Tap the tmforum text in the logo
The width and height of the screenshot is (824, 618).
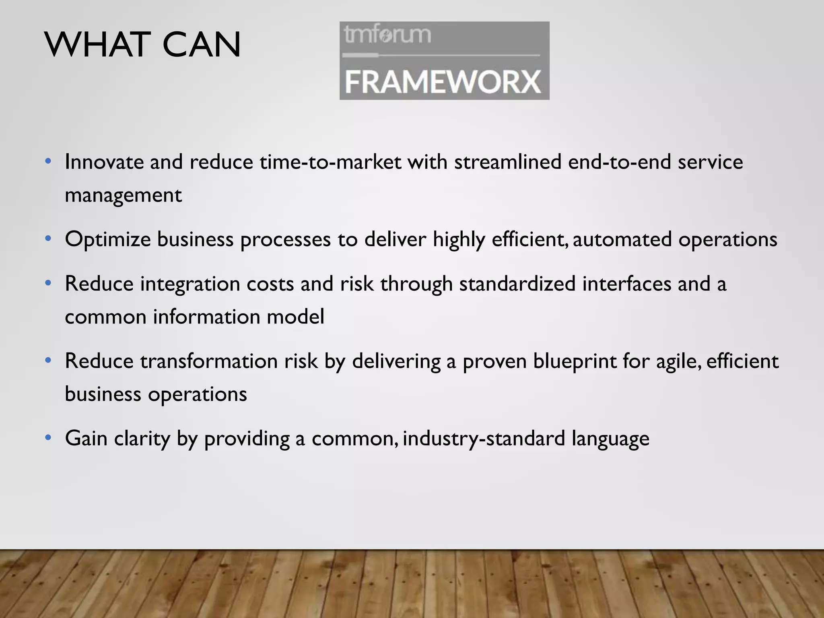pyautogui.click(x=387, y=35)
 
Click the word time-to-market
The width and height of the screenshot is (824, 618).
pyautogui.click(x=330, y=162)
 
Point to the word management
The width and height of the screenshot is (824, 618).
pyautogui.click(x=123, y=196)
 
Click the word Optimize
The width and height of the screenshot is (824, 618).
pyautogui.click(x=107, y=239)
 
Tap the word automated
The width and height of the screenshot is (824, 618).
pyautogui.click(x=622, y=239)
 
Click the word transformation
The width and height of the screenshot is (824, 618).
pyautogui.click(x=209, y=361)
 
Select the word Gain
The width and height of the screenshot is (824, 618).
pyautogui.click(x=86, y=438)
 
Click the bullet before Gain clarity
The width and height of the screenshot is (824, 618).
pyautogui.click(x=48, y=437)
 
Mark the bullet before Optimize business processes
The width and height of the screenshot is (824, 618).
pyautogui.click(x=48, y=239)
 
